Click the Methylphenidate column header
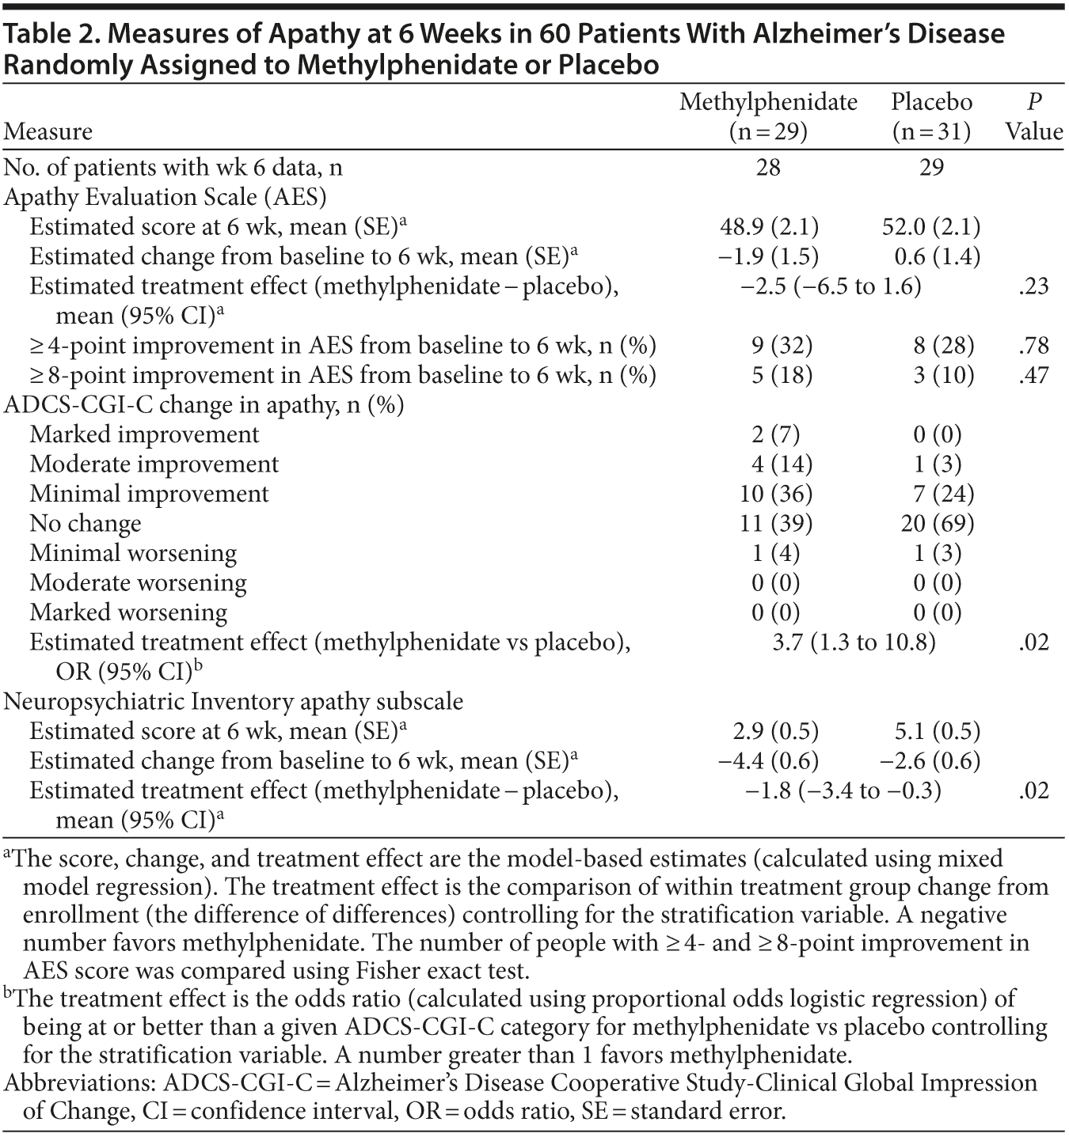(768, 116)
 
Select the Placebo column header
(931, 116)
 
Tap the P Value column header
(1033, 116)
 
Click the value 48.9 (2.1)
(768, 227)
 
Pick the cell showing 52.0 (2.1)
(931, 227)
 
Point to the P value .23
(1033, 286)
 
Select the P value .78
(1033, 345)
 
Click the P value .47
(1033, 374)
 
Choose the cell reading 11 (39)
(775, 523)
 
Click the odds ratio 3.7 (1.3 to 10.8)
(854, 642)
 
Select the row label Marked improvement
(144, 434)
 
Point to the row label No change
(86, 523)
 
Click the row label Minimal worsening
(133, 553)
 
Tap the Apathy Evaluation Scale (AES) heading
(165, 197)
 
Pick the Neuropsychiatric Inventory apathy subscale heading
(234, 702)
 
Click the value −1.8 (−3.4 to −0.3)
(843, 790)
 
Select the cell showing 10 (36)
(775, 494)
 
